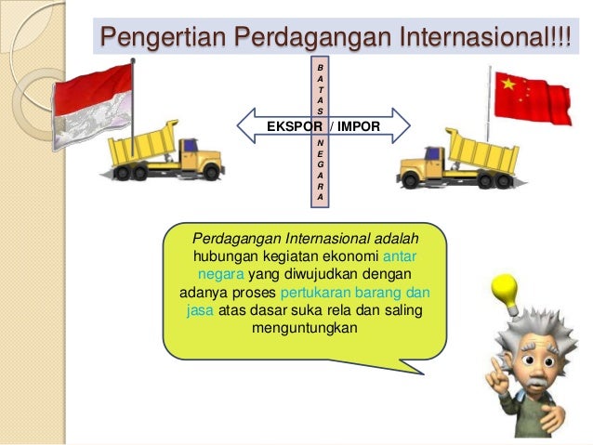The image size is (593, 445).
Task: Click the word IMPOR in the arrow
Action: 358,124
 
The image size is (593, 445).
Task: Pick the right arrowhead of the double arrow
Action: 402,124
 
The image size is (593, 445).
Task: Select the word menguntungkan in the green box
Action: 304,328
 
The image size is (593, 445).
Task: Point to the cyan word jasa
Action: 201,310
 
